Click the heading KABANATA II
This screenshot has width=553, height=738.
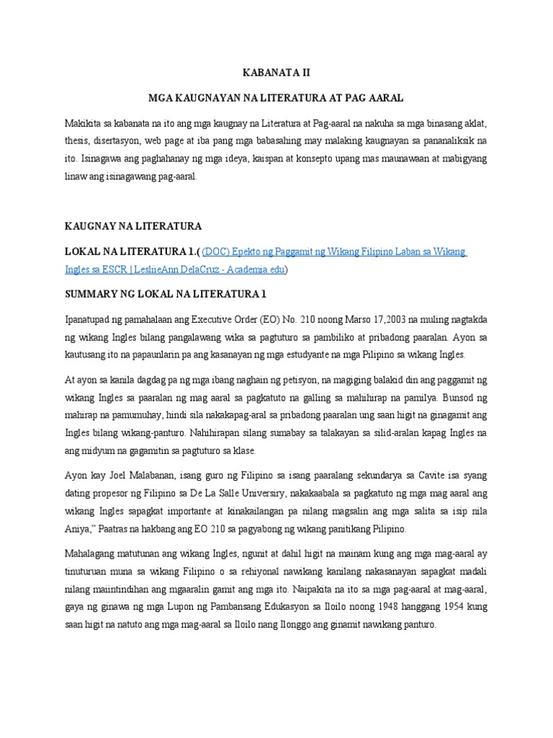tap(276, 73)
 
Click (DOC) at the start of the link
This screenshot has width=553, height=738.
tap(217, 253)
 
